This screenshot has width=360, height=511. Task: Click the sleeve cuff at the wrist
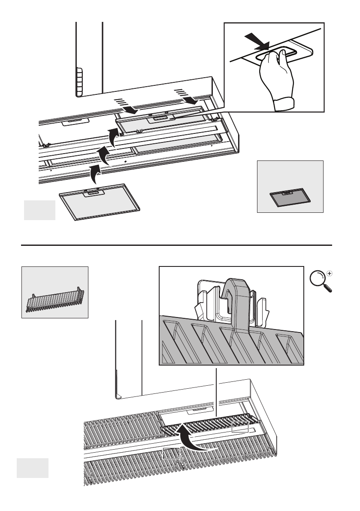pos(284,103)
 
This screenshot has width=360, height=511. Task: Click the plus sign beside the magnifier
pos(330,273)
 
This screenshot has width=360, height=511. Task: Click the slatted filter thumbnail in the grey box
pos(54,299)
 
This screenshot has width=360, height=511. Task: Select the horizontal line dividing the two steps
pos(177,245)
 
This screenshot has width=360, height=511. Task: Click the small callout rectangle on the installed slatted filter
pos(240,427)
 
